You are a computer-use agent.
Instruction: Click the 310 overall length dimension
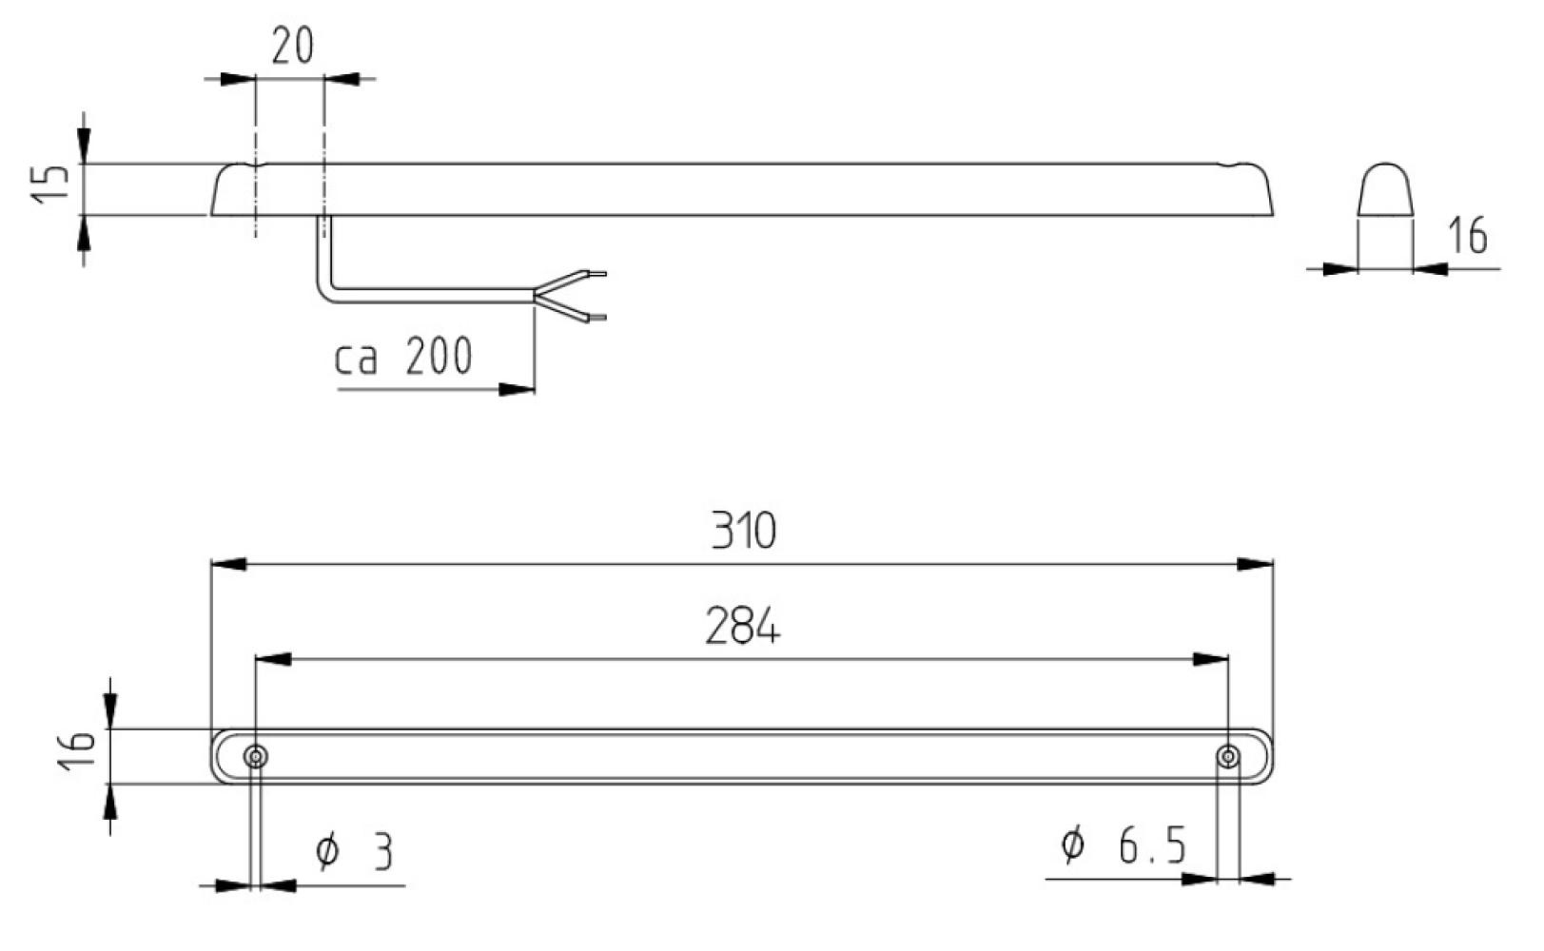[743, 531]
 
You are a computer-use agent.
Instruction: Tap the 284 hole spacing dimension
[742, 627]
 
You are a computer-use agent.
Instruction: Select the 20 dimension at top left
[291, 45]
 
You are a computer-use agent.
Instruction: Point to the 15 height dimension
[51, 184]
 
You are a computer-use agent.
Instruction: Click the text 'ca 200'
[403, 358]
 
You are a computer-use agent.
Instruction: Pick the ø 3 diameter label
[355, 851]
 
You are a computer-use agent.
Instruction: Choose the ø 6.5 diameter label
[1123, 844]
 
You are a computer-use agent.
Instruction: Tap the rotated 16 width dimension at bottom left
[78, 750]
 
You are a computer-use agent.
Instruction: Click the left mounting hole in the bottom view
[255, 757]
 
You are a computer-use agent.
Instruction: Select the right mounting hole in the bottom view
[1228, 756]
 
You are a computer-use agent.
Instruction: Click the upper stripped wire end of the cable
[597, 274]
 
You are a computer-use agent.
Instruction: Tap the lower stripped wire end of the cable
[597, 317]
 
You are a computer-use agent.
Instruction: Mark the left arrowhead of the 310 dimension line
[228, 564]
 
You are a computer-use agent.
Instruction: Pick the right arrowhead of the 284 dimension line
[1210, 658]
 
